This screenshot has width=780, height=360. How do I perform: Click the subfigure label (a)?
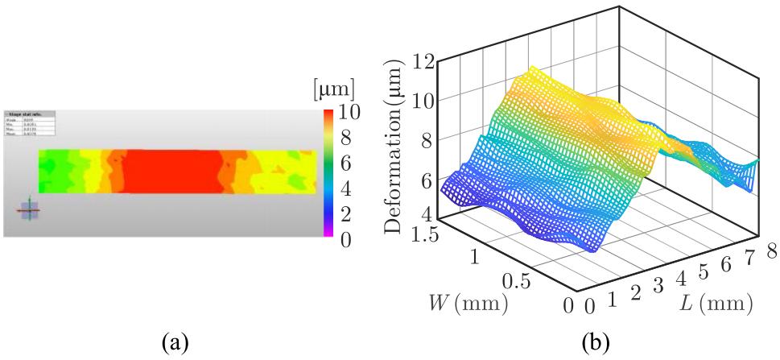[176, 344]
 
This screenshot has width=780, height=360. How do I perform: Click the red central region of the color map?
[171, 171]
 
